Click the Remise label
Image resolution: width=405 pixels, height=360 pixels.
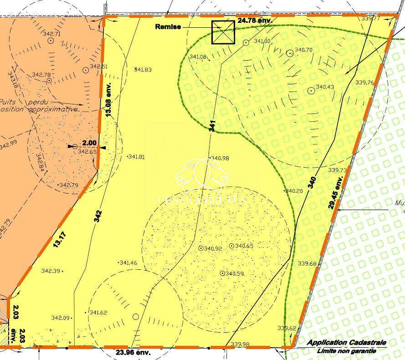pyautogui.click(x=168, y=27)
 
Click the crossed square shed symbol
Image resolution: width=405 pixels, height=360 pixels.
pyautogui.click(x=223, y=32)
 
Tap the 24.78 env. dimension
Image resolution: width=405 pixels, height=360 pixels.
pyautogui.click(x=255, y=21)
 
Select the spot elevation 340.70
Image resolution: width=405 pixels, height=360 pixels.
pyautogui.click(x=303, y=50)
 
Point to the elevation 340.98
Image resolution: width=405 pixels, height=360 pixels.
pyautogui.click(x=220, y=158)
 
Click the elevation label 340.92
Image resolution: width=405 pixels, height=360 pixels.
pyautogui.click(x=213, y=248)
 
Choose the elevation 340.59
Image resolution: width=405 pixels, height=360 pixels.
pyautogui.click(x=235, y=273)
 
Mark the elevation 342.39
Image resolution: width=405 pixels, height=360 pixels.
pyautogui.click(x=51, y=271)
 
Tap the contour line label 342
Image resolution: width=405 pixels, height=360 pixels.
pyautogui.click(x=98, y=216)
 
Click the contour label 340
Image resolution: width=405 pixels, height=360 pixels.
pyautogui.click(x=312, y=182)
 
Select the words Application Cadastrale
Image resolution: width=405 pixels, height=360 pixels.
pyautogui.click(x=347, y=343)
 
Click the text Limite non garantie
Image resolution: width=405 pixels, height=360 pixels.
pyautogui.click(x=347, y=350)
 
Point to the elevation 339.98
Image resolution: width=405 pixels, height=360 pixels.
pyautogui.click(x=240, y=344)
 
